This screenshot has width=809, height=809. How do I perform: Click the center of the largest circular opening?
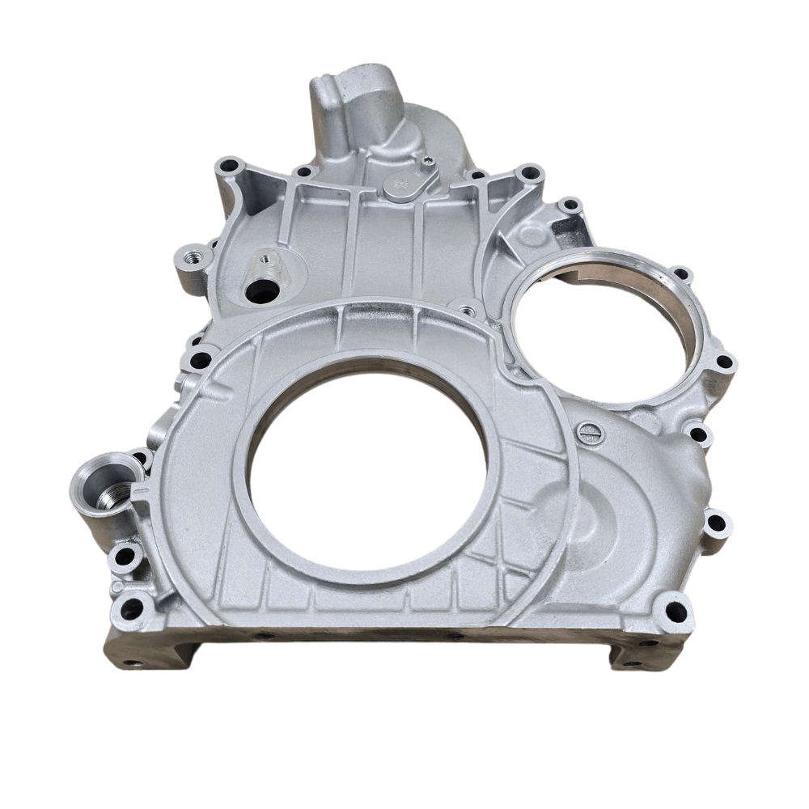coord(368,469)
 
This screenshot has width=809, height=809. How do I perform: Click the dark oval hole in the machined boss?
coord(260,293)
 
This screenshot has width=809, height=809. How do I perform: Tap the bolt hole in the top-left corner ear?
coord(230,167)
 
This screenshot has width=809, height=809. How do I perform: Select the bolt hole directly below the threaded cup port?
coord(125,557)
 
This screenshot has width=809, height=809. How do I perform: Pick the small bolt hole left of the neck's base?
coord(304,172)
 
